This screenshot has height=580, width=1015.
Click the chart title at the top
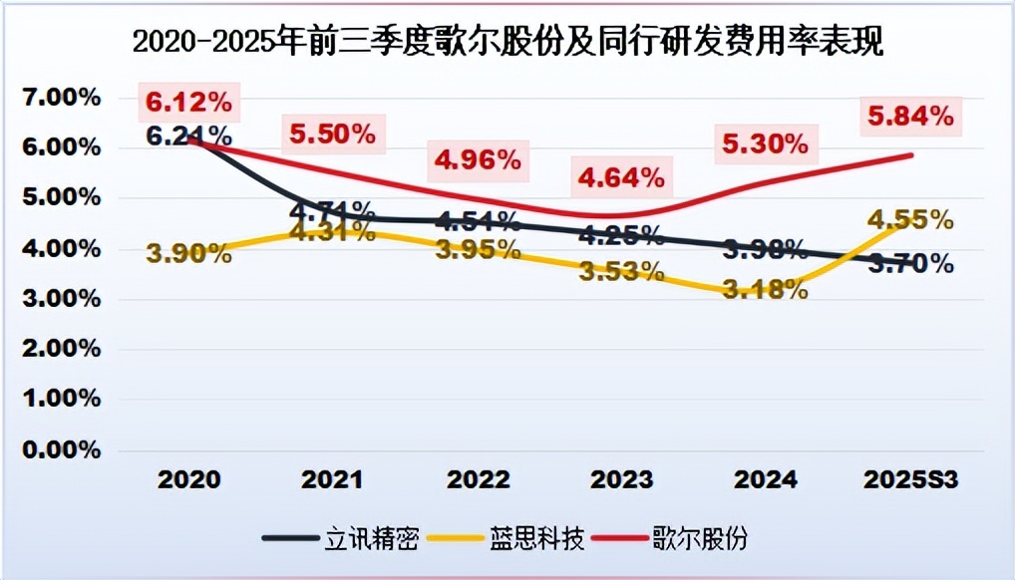pos(508,42)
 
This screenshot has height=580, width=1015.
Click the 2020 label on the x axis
pos(188,479)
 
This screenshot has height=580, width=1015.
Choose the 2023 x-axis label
pos(621,479)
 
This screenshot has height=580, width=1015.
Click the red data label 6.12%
pos(188,102)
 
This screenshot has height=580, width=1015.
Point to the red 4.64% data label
pos(621,179)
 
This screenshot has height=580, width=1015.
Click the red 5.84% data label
pos(910,118)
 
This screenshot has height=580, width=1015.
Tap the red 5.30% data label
pos(766,145)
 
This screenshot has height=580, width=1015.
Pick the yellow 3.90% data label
pos(188,254)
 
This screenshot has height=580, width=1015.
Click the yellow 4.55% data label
pos(910,220)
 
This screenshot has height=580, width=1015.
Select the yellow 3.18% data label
pos(766,291)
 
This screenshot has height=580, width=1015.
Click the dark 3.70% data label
pos(910,264)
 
